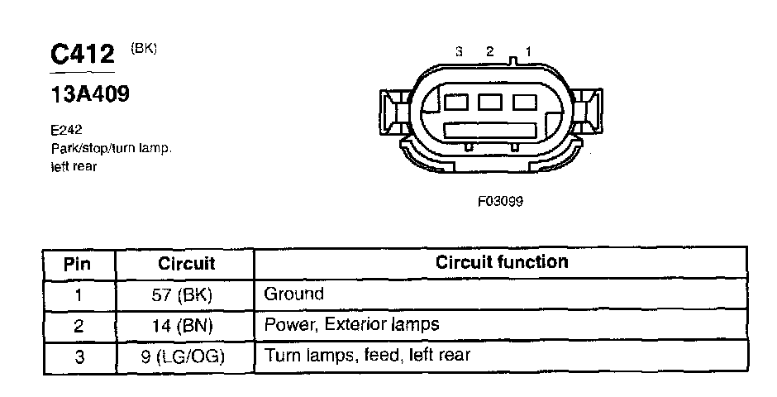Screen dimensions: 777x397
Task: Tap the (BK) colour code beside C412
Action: (x=143, y=49)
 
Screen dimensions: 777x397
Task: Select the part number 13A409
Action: (x=90, y=95)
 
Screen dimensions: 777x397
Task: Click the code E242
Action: (x=66, y=130)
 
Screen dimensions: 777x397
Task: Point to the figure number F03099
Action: (x=500, y=200)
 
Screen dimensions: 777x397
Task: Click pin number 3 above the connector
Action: (x=459, y=52)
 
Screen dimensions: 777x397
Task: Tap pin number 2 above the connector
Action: (x=489, y=52)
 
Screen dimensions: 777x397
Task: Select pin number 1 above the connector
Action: (x=528, y=52)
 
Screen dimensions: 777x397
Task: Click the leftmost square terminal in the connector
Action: (x=456, y=103)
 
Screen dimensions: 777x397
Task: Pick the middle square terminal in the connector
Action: (x=490, y=103)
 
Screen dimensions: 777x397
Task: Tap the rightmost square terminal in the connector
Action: (x=524, y=103)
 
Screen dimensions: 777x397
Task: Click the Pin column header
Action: (x=78, y=264)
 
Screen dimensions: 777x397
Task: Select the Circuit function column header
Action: (x=502, y=262)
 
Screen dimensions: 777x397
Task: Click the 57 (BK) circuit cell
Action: (x=186, y=294)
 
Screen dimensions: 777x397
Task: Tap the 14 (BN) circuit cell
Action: (x=186, y=325)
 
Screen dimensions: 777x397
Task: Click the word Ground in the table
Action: (x=293, y=294)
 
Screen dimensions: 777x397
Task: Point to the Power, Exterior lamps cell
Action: (x=351, y=324)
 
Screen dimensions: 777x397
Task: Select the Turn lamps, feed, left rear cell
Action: (x=367, y=355)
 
